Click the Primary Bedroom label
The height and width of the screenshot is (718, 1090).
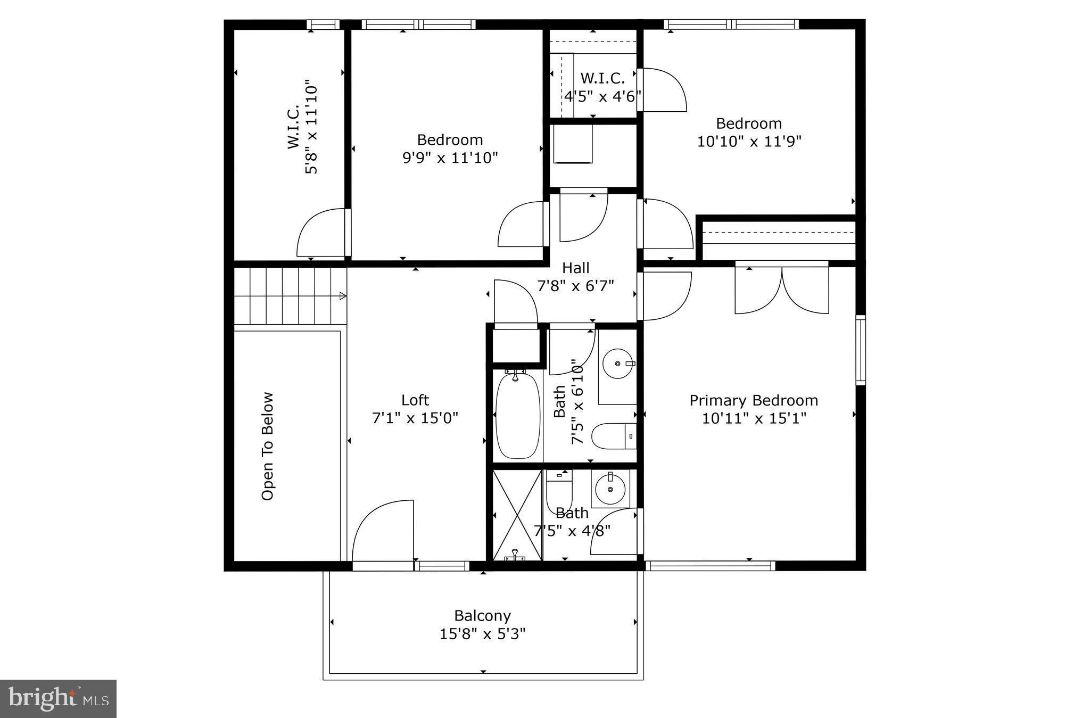click(x=753, y=400)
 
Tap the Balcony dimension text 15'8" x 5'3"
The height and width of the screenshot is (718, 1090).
click(x=482, y=634)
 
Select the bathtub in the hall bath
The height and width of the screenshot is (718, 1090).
click(x=517, y=415)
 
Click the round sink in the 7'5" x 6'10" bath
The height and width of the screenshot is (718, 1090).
click(x=617, y=364)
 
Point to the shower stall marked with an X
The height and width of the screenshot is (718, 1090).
click(x=517, y=514)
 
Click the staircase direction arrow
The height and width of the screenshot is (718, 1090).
click(x=343, y=296)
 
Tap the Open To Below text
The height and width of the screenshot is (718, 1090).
click(x=268, y=446)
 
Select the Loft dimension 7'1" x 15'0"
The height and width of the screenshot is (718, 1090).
click(x=415, y=418)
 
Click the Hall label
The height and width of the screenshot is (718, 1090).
click(x=575, y=268)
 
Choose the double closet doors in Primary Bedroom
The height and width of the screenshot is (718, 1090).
click(x=781, y=290)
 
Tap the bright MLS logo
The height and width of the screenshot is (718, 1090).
click(x=58, y=698)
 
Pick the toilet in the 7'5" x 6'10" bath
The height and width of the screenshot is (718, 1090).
click(x=613, y=436)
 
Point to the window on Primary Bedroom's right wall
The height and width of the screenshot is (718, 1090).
click(x=860, y=350)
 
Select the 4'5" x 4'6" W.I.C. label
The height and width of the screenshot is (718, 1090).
click(x=602, y=78)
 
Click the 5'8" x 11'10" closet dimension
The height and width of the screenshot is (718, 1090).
click(x=311, y=127)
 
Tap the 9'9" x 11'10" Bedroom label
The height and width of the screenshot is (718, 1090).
click(x=450, y=140)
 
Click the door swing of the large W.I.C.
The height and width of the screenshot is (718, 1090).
click(x=321, y=233)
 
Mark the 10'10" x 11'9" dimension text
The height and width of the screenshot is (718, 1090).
click(x=749, y=142)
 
